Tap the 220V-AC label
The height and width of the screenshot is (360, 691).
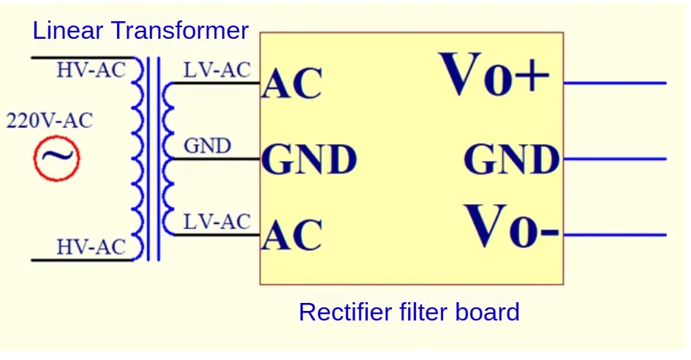(x=50, y=121)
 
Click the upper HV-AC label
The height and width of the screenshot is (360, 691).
(x=91, y=70)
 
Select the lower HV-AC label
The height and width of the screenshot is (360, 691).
(x=91, y=247)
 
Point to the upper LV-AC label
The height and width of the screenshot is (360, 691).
(x=217, y=70)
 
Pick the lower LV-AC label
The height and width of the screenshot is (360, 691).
(x=217, y=222)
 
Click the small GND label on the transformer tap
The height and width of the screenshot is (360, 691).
(x=207, y=146)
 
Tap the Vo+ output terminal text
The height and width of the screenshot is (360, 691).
(x=494, y=75)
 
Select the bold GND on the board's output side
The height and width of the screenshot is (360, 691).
(x=512, y=160)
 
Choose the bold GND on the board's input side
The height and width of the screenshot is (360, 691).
(x=309, y=160)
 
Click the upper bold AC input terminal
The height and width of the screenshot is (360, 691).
(x=292, y=85)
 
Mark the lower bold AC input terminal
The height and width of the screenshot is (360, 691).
(x=292, y=236)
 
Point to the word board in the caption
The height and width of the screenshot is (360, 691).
(x=489, y=312)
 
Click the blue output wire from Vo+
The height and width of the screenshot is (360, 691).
(x=614, y=83)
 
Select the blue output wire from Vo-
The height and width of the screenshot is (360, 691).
(x=614, y=235)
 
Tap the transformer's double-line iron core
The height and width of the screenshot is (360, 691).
(x=153, y=158)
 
